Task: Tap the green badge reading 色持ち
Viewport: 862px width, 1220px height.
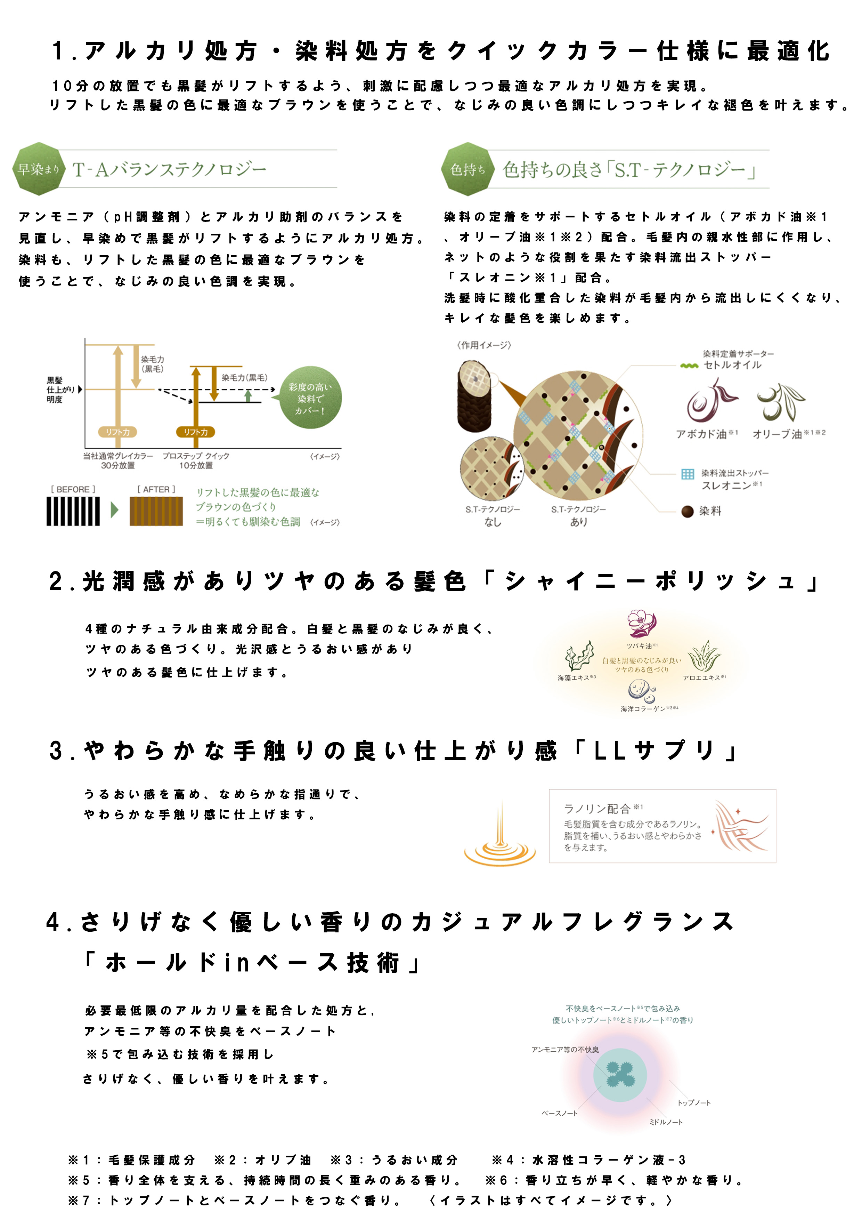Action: click(x=467, y=169)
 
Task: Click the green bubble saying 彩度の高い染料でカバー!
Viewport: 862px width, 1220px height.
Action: click(x=310, y=398)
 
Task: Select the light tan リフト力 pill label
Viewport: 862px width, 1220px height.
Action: click(x=117, y=432)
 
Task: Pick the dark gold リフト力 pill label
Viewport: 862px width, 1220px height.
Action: click(x=195, y=432)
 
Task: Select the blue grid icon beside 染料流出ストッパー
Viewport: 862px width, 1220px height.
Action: click(x=687, y=473)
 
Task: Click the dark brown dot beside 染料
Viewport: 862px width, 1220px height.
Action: click(x=687, y=511)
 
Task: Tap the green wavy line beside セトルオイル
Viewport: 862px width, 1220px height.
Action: click(x=689, y=366)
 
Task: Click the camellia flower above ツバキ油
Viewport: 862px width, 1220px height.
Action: click(x=642, y=623)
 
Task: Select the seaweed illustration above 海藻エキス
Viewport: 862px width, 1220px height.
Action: click(x=578, y=656)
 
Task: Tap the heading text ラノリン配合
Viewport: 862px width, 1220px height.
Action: click(x=596, y=808)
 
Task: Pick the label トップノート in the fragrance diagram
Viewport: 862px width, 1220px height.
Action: click(x=694, y=1102)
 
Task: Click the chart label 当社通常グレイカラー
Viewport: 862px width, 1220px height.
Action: click(x=118, y=456)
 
